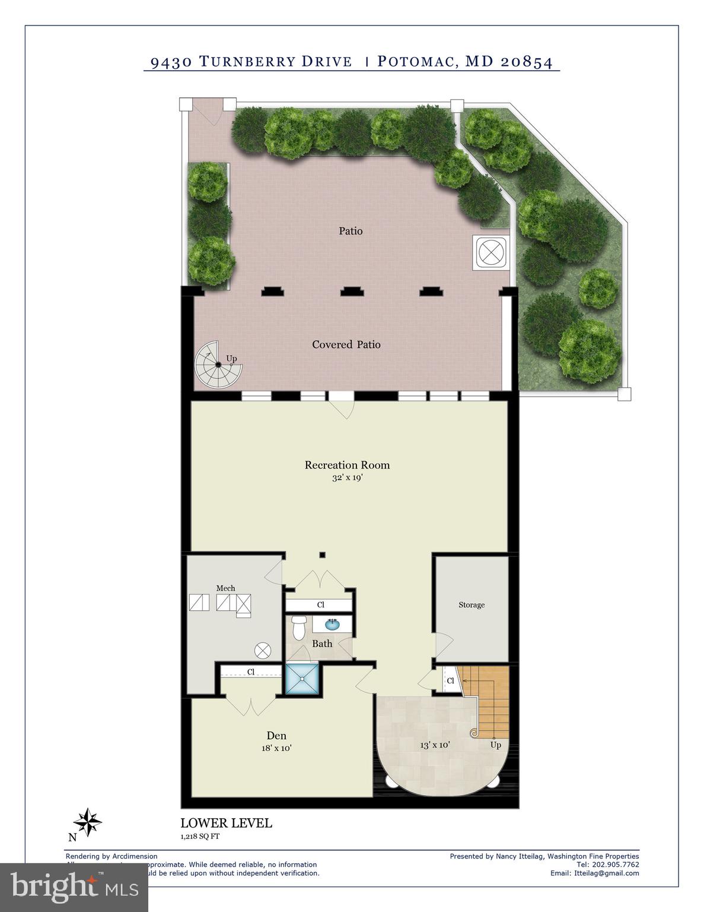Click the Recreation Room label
coord(347,465)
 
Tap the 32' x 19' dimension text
coord(347,477)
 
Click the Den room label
coord(276,736)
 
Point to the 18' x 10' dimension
coord(276,748)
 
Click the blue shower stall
coord(302,679)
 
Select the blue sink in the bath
coord(332,625)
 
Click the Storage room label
coord(472,605)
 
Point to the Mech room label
coord(225,588)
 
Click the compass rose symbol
coord(88,823)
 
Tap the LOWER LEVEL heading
coord(226,823)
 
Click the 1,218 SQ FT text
coord(200,837)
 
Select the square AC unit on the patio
coord(491,252)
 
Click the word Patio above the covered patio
coord(351,231)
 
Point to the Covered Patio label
coord(346,344)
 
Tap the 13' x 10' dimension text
coord(435,745)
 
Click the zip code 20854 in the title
coord(527,62)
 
